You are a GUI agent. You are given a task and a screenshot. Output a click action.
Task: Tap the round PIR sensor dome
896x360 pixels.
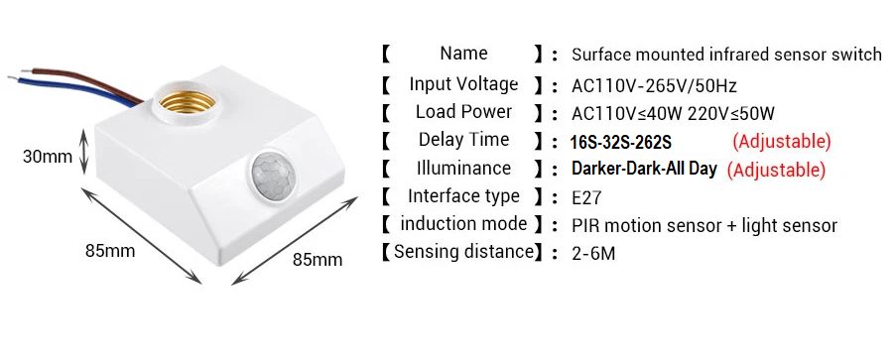(x=273, y=176)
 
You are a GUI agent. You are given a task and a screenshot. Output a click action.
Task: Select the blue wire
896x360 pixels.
(x=74, y=91)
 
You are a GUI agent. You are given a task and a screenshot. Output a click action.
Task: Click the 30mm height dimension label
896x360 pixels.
(x=48, y=156)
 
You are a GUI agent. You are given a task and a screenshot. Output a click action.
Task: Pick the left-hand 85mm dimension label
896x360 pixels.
(x=110, y=250)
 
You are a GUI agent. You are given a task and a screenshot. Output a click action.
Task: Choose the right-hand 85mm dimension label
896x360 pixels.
(x=318, y=260)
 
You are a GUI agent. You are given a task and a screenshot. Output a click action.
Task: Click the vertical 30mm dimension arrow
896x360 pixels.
(x=84, y=152)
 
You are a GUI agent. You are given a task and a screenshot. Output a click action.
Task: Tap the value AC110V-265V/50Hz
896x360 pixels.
(x=654, y=86)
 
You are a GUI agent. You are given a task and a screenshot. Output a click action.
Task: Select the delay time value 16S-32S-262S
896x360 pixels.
(x=620, y=142)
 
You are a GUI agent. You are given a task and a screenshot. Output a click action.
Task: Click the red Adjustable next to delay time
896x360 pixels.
(x=781, y=141)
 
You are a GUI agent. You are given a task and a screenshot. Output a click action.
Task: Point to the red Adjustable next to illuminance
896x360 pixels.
(x=776, y=170)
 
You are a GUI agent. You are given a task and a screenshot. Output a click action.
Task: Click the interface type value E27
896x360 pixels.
(x=586, y=197)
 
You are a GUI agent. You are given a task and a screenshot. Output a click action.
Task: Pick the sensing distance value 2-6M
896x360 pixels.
(x=593, y=253)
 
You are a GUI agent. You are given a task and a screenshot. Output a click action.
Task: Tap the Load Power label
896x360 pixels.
(x=463, y=112)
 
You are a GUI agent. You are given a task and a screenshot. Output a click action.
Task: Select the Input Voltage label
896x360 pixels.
(x=463, y=84)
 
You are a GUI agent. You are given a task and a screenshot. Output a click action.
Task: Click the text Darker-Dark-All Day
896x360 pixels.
(x=644, y=170)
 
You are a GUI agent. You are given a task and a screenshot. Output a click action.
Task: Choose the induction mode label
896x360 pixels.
(x=463, y=224)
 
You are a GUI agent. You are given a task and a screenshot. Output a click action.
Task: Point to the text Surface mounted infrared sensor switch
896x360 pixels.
(x=727, y=55)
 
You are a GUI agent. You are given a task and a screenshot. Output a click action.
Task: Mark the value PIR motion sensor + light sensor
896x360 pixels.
(x=704, y=226)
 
